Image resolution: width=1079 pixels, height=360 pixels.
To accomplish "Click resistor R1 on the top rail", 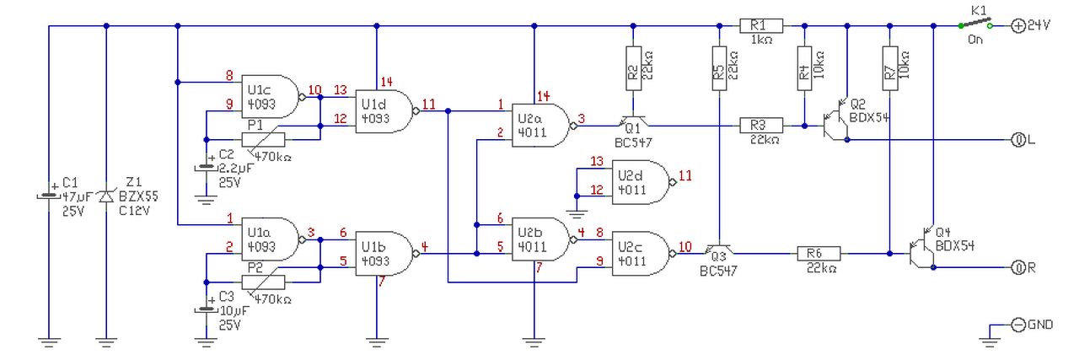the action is [x=761, y=25].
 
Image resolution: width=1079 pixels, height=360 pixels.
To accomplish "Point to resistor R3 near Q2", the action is [x=761, y=126].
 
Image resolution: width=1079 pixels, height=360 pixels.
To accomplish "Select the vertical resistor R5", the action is [x=719, y=68].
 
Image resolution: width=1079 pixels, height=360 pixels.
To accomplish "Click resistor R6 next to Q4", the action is [x=819, y=254].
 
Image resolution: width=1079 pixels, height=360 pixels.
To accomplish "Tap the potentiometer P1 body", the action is [x=263, y=140].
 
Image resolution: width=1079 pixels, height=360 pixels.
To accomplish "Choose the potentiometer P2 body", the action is [x=263, y=282].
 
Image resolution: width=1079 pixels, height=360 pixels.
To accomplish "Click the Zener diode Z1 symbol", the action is [x=106, y=196].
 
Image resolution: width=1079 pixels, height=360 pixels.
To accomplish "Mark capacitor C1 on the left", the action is [x=49, y=196].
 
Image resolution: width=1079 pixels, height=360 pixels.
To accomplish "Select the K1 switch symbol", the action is [x=975, y=23].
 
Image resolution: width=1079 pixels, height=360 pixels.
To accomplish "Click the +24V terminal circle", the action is [x=1017, y=25].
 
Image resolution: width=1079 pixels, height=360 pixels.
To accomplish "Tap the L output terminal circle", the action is [x=1017, y=140].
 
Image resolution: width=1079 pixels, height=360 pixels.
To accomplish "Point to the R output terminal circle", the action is [x=1017, y=267].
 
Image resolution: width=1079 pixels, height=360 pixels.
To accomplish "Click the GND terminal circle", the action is [x=1017, y=325].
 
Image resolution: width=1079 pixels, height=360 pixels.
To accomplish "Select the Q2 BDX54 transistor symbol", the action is [x=835, y=121].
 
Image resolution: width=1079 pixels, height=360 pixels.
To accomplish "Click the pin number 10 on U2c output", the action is [x=685, y=247].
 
